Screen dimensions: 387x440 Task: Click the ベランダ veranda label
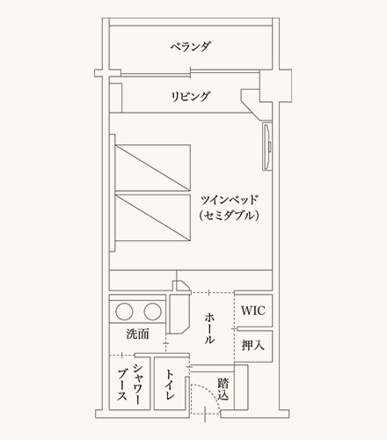(x=191, y=47)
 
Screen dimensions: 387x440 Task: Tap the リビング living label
(x=191, y=96)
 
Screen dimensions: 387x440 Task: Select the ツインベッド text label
(x=229, y=201)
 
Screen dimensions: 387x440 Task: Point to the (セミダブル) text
(x=229, y=216)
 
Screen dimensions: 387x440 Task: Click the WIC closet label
(x=253, y=311)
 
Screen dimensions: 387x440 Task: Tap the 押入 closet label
(x=253, y=345)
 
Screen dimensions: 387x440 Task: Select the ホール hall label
(x=209, y=328)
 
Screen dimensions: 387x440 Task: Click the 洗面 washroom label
(x=138, y=334)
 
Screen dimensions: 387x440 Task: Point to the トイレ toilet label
(x=170, y=385)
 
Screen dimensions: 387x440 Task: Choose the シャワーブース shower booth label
(x=130, y=385)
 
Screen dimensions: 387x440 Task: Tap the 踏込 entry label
(x=223, y=389)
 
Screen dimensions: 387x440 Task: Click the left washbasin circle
(x=124, y=312)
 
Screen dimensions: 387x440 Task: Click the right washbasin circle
(x=152, y=312)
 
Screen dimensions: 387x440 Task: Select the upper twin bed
(x=153, y=168)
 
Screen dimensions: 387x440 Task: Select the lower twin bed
(x=153, y=217)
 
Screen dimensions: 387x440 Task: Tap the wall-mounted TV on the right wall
(x=267, y=147)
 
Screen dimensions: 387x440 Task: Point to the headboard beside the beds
(x=113, y=193)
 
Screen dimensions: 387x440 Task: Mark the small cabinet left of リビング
(x=115, y=98)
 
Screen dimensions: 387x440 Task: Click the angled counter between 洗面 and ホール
(x=179, y=313)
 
